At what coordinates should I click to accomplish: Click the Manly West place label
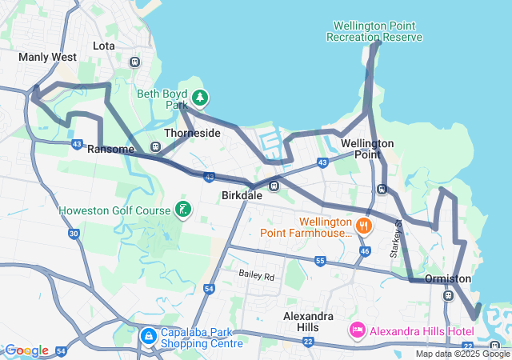coord(47,58)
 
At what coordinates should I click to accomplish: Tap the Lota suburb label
coord(104,46)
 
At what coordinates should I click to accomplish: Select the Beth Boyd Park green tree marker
coord(199,98)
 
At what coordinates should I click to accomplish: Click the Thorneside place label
coord(192,133)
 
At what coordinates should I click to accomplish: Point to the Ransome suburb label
coord(110,150)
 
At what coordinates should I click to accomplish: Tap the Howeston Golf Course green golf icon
coord(183,210)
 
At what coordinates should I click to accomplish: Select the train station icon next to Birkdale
coord(274,186)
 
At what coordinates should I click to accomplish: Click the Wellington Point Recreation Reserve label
coord(374,31)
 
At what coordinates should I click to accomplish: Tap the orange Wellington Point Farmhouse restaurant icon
coord(363,226)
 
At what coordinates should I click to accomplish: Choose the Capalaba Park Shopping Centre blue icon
coord(148,335)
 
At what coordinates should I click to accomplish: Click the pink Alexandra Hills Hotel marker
coord(357,330)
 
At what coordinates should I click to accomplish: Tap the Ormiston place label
coord(448,278)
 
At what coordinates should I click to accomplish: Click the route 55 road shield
coord(320,261)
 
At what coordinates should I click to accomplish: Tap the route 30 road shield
coord(74,234)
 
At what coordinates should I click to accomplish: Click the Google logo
coord(26,350)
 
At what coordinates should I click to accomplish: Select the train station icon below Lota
coord(134,62)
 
